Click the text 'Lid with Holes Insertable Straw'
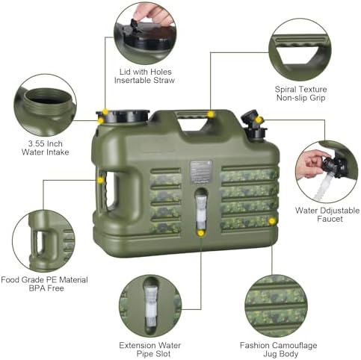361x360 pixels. [144, 76]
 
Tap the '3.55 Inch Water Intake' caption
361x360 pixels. [45, 148]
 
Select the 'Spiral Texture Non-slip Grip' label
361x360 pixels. [300, 93]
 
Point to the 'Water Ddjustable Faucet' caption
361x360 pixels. [327, 214]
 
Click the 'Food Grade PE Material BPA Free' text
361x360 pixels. [45, 284]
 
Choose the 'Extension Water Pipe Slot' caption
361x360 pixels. [150, 350]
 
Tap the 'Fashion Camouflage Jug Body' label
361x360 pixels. [279, 350]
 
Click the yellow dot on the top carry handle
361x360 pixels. [211, 114]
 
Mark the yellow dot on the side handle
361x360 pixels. [100, 180]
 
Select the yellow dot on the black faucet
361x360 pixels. [259, 120]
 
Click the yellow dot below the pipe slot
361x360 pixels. [200, 233]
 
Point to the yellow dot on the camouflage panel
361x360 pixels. [272, 221]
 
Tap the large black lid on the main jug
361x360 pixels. [123, 117]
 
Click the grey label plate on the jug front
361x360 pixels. [201, 173]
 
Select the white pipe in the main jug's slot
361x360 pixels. [201, 211]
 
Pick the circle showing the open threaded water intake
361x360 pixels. [45, 105]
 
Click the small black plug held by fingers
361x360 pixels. [135, 25]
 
